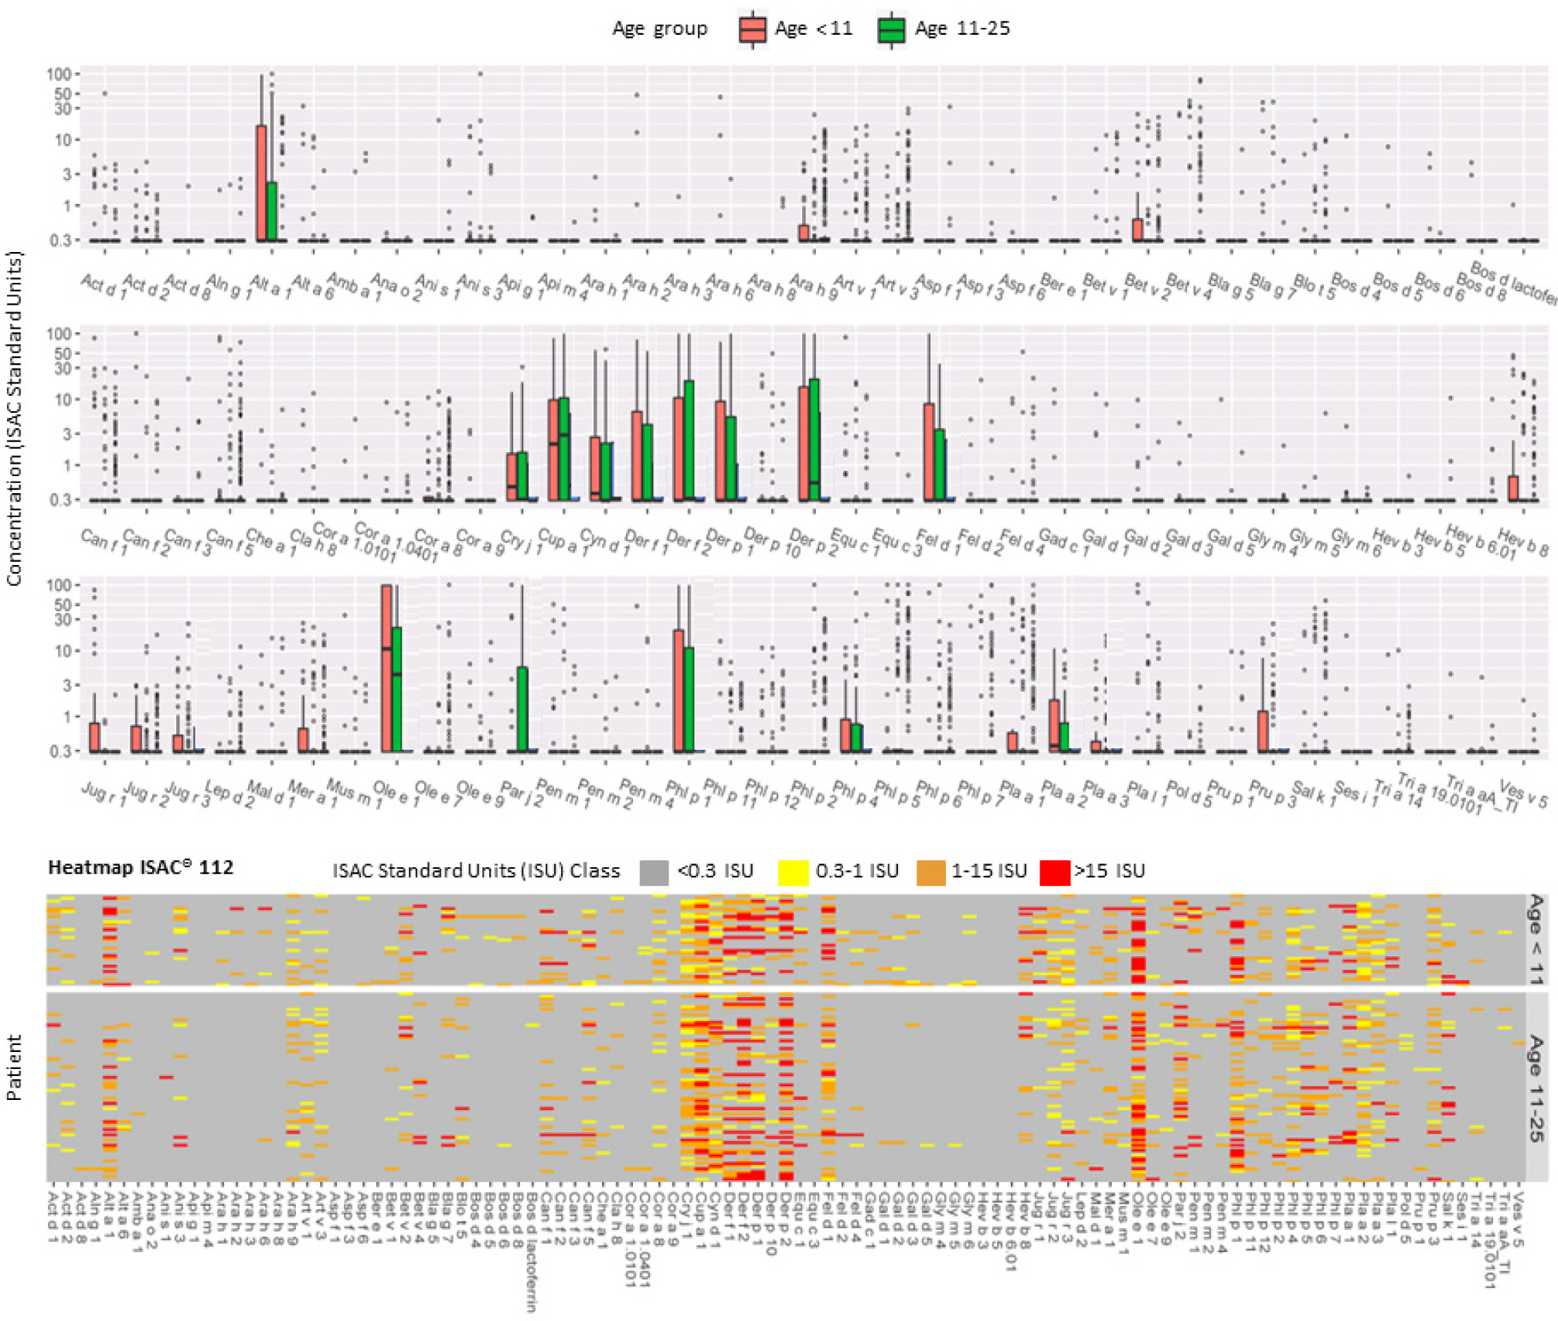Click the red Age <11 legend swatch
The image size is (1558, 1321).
click(x=752, y=29)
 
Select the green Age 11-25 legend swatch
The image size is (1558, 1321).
click(x=891, y=29)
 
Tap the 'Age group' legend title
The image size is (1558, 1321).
click(x=659, y=29)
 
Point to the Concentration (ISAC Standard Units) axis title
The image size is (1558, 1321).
click(x=14, y=418)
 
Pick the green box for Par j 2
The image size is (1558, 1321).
click(x=522, y=708)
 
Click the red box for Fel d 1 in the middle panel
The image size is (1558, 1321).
click(x=929, y=451)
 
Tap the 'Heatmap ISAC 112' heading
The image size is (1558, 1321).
click(x=141, y=867)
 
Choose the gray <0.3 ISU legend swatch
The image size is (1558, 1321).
click(x=654, y=872)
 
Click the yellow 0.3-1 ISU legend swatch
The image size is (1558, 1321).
click(x=793, y=872)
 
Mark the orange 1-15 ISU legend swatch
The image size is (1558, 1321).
click(x=930, y=872)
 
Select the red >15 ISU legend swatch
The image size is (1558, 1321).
click(x=1055, y=872)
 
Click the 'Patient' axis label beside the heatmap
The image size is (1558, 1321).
click(x=14, y=1067)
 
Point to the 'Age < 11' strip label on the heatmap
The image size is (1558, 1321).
click(x=1536, y=939)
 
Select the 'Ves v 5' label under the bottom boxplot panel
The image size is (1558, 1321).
click(x=1524, y=793)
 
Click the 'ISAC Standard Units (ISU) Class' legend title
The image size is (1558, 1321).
click(x=476, y=871)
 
